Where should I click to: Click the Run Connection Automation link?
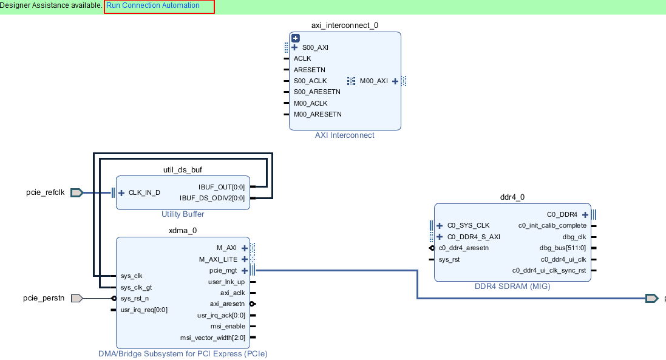[153, 5]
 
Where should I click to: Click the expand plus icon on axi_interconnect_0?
[296, 38]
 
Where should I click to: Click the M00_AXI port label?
[373, 81]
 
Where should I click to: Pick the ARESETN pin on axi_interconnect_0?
[309, 70]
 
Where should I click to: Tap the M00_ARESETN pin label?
[318, 114]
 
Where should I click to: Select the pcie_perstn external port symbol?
[76, 298]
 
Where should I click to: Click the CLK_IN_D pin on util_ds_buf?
[144, 193]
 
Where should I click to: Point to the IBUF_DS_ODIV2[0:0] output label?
[212, 198]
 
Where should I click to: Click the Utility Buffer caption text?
[183, 214]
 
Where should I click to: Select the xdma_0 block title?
[183, 231]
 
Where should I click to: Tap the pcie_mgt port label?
[223, 271]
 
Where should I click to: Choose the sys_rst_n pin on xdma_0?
[134, 298]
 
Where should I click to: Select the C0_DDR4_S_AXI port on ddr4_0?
[474, 237]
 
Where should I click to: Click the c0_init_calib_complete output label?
[552, 225]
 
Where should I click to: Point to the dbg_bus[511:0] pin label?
[563, 248]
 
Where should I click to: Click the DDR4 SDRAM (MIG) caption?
[512, 286]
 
